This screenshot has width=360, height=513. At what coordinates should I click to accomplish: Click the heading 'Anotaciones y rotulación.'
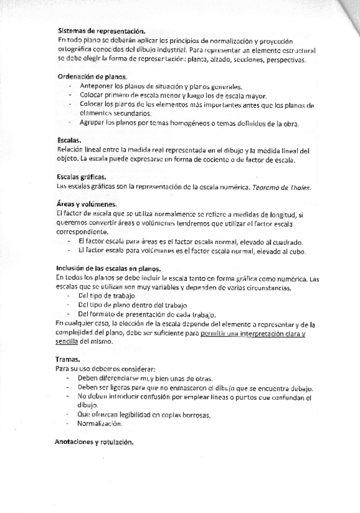click(93, 442)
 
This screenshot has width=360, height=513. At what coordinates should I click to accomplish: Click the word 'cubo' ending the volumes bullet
click(298, 251)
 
